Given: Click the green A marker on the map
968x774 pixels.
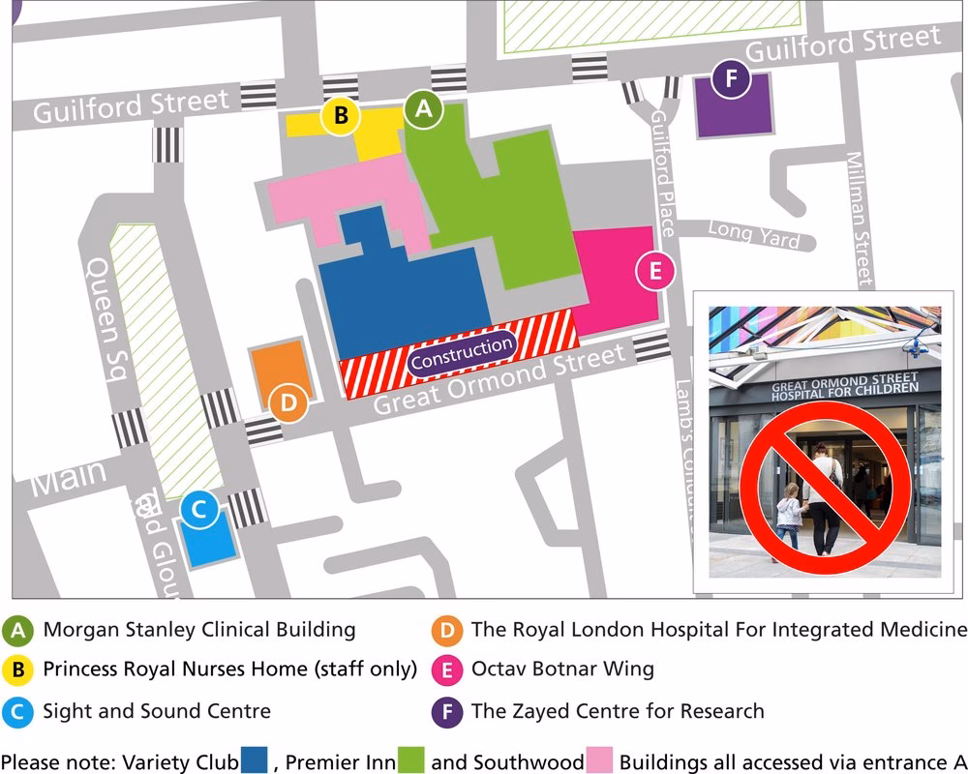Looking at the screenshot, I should pyautogui.click(x=423, y=110).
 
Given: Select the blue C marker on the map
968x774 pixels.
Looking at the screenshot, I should pyautogui.click(x=197, y=511).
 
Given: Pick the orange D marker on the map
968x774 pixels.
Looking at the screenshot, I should pyautogui.click(x=287, y=403).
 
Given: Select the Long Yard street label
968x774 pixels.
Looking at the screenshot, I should pyautogui.click(x=754, y=233).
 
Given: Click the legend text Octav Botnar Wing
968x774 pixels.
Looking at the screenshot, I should pyautogui.click(x=562, y=669).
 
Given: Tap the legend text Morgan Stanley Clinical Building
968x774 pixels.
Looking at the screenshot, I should pyautogui.click(x=199, y=630).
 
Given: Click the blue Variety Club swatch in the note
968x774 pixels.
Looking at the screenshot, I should pyautogui.click(x=254, y=759).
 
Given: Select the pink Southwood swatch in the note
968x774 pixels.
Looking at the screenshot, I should pyautogui.click(x=599, y=759).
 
